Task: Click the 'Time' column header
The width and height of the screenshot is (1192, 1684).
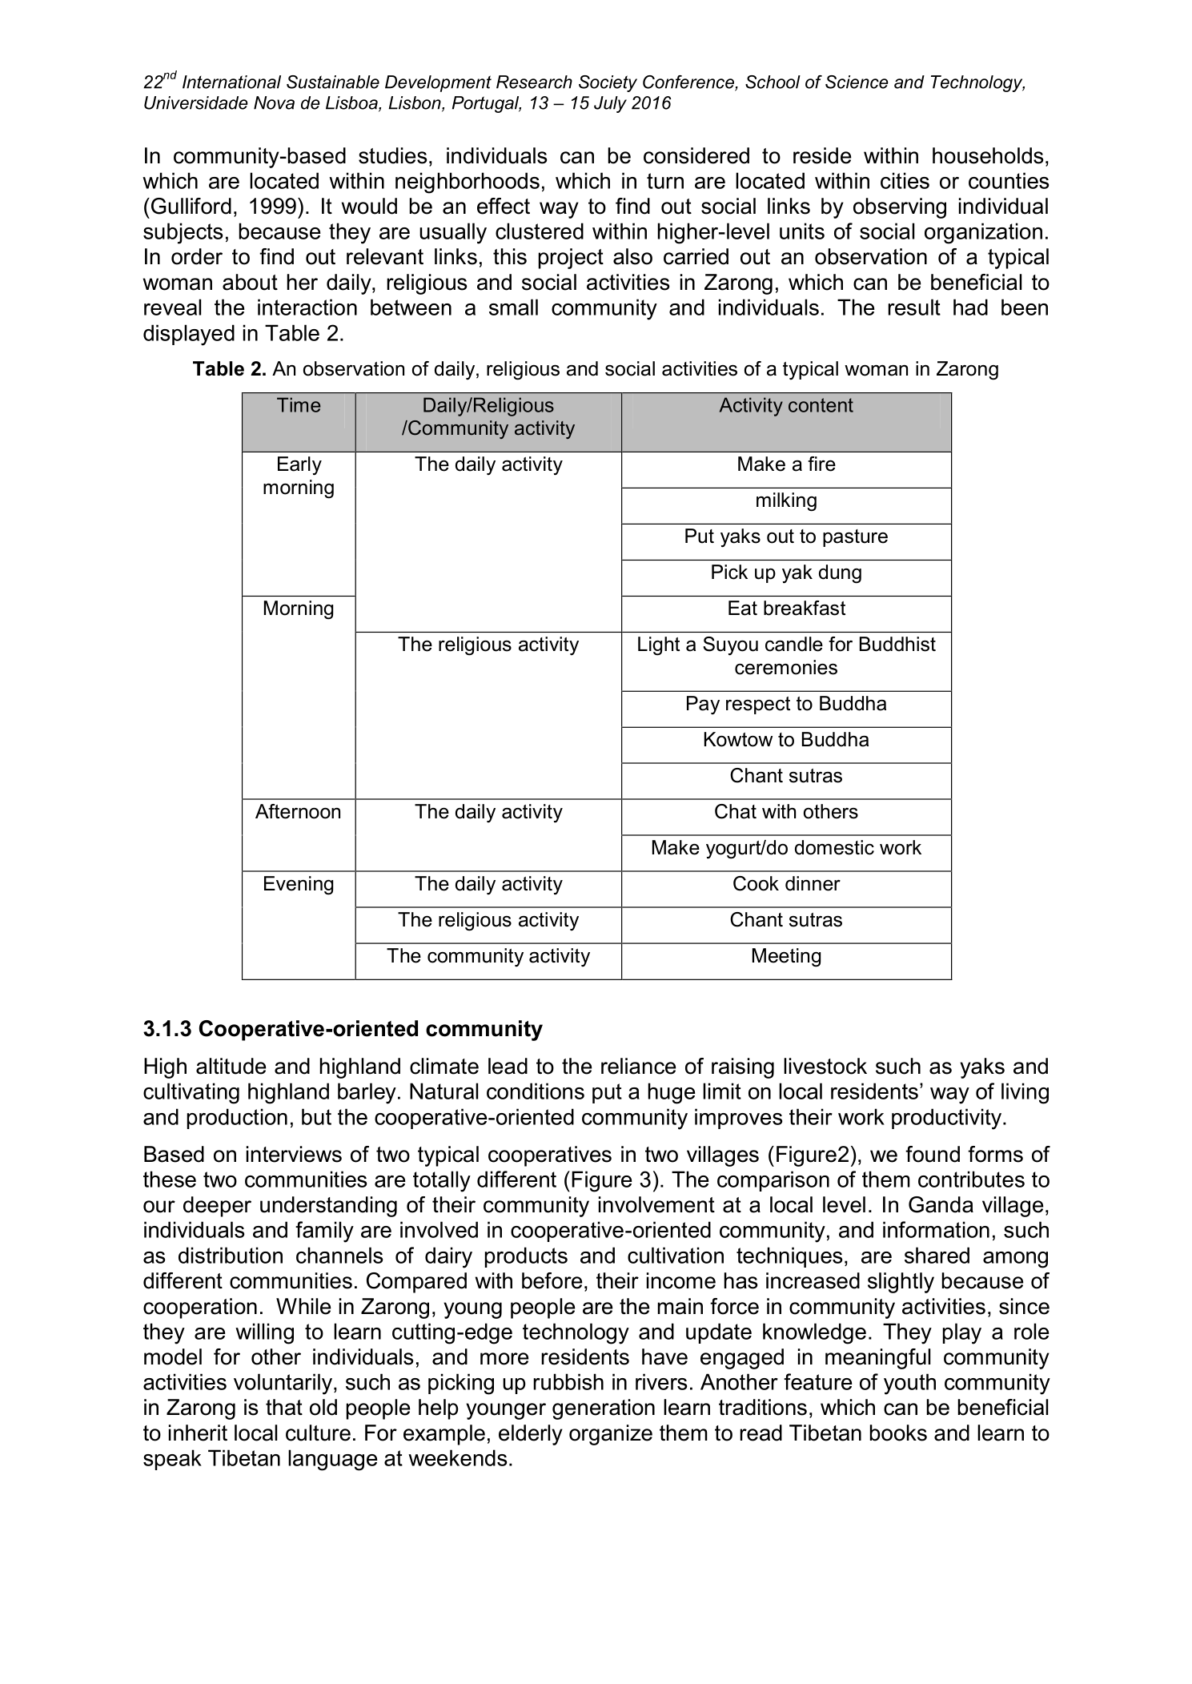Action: pos(299,406)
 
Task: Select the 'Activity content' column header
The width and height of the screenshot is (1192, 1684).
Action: pos(785,406)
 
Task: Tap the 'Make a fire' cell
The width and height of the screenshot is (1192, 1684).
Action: pos(785,465)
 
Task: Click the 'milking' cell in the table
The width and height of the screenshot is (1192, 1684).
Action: pos(785,501)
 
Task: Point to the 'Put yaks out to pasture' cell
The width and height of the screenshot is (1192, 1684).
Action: pos(785,537)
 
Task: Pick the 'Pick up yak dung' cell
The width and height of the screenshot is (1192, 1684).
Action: pos(785,573)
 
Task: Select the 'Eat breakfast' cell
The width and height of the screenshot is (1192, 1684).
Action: pos(785,609)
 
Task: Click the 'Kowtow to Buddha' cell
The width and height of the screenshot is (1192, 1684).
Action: pos(785,740)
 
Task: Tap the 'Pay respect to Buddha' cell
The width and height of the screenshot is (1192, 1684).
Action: pos(785,705)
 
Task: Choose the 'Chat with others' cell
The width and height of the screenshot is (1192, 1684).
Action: pos(785,813)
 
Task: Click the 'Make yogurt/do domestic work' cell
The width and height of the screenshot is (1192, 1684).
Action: pos(785,849)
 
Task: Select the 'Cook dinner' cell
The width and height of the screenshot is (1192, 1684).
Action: pos(785,885)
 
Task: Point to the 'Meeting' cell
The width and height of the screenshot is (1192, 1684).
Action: pos(785,957)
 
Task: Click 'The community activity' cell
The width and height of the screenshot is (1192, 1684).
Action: pos(488,957)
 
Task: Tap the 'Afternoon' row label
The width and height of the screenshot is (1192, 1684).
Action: pos(299,813)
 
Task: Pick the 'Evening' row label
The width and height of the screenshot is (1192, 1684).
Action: pos(299,885)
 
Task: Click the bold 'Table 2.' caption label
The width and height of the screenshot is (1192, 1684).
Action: pos(229,370)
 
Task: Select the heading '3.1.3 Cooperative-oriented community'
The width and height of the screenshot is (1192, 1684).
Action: pos(343,1030)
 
